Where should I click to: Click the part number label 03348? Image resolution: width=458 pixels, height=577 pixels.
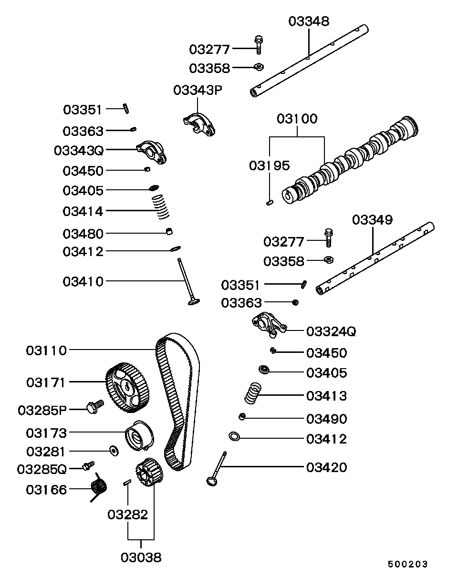(309, 21)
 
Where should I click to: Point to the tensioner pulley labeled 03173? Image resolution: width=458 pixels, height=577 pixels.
(139, 435)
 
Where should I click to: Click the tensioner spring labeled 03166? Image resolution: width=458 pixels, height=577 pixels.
(99, 487)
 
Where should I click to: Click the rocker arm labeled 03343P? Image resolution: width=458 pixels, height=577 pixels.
(198, 123)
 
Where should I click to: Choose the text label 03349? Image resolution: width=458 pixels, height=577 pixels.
(372, 220)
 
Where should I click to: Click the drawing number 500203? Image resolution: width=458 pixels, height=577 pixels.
(407, 564)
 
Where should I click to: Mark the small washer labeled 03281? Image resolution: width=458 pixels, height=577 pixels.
(114, 450)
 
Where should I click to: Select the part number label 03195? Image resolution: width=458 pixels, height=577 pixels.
(269, 165)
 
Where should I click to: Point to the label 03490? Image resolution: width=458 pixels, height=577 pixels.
(326, 419)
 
